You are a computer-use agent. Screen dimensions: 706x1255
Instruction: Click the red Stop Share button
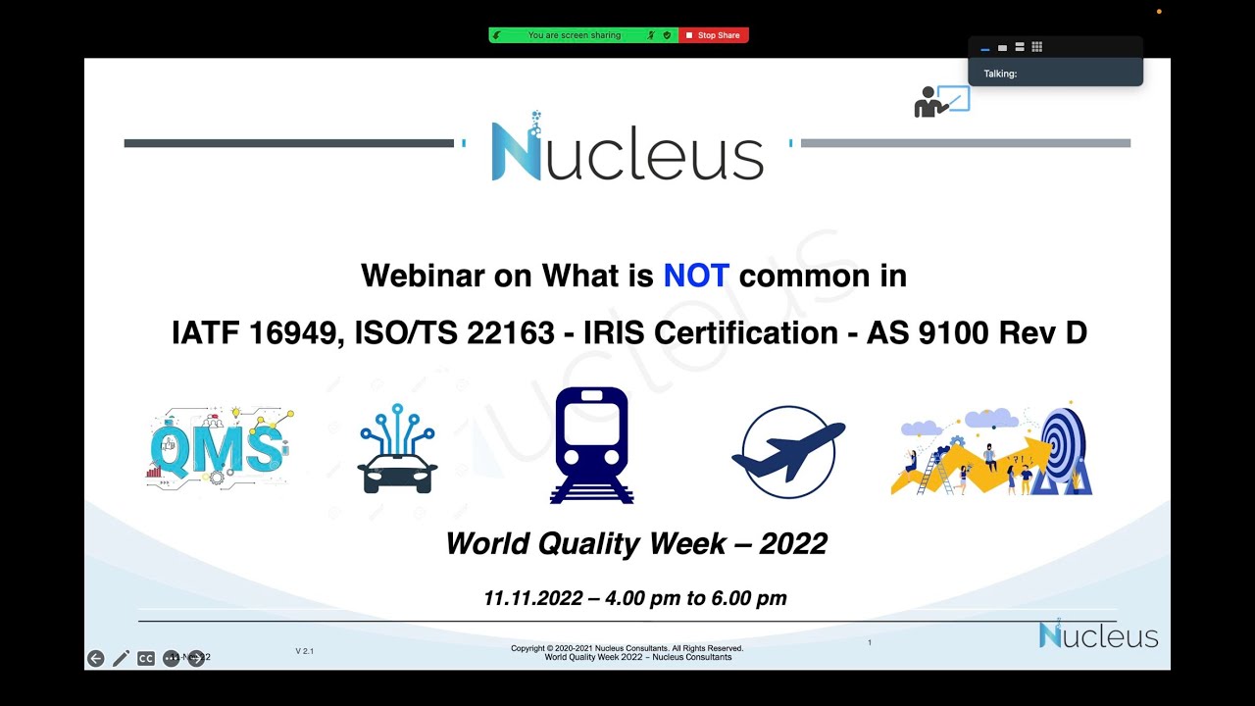pos(714,35)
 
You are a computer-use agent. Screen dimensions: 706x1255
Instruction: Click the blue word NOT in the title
pos(696,276)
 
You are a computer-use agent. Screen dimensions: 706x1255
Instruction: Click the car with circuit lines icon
pos(397,449)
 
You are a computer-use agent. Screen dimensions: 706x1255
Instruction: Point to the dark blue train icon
pos(591,444)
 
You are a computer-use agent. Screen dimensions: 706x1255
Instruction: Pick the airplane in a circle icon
pos(788,452)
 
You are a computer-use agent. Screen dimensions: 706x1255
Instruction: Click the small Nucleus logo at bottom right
pos(1098,634)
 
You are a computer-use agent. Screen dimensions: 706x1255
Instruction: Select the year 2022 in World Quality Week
pos(792,543)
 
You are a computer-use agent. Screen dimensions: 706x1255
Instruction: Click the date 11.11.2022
pos(532,598)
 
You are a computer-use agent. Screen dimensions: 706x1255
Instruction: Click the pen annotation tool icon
pos(121,658)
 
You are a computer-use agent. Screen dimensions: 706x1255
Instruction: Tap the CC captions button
pos(146,658)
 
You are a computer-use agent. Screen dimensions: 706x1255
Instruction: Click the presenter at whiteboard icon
pos(941,101)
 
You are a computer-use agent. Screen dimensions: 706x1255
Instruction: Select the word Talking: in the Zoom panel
pos(1000,74)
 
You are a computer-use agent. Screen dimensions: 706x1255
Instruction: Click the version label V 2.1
pos(305,651)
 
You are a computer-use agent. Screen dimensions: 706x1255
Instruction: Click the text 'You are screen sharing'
pos(574,35)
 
